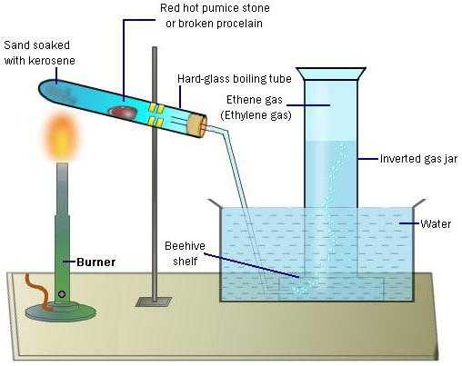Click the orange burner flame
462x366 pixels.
coord(62,136)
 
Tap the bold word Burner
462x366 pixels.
coord(95,262)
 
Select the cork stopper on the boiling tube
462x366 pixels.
coord(197,125)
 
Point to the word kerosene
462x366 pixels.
coord(52,61)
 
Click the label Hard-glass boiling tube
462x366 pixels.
coord(235,79)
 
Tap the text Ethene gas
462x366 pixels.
coord(255,100)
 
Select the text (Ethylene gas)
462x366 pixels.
coord(256,115)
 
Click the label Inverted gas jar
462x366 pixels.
coord(418,159)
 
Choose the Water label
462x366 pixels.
coord(436,224)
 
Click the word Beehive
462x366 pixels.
coord(185,246)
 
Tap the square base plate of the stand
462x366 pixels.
coord(154,302)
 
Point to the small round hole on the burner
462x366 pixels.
coord(62,294)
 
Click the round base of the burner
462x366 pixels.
coord(61,312)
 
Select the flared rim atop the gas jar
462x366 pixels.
coord(331,74)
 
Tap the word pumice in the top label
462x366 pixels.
coord(216,8)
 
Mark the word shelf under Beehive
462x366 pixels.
coord(185,262)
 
